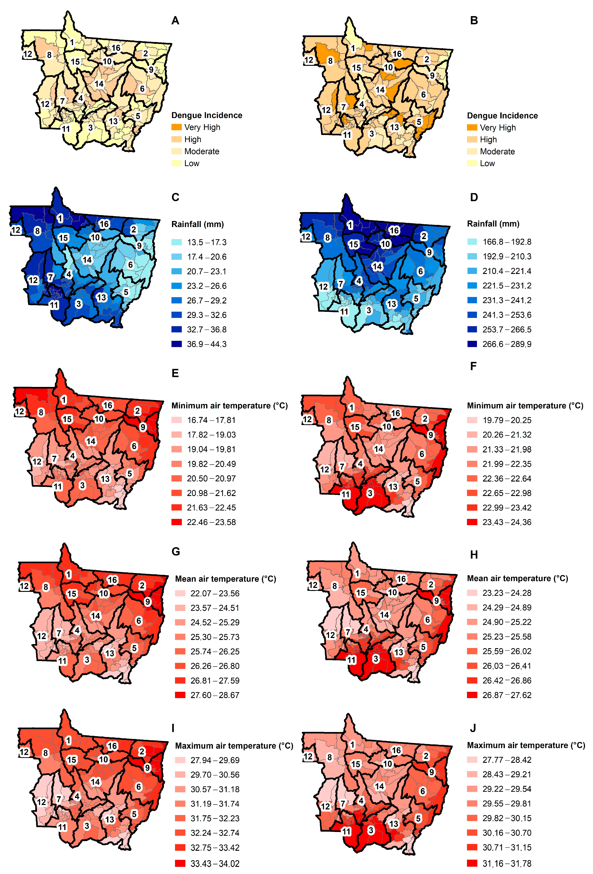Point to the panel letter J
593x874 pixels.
tap(473, 728)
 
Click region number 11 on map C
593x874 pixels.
tap(54, 305)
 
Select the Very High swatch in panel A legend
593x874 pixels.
tap(176, 127)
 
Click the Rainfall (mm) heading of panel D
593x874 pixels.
tap(493, 224)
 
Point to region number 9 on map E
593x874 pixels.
tap(143, 427)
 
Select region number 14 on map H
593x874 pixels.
tap(384, 615)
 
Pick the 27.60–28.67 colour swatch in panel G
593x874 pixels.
tap(180, 695)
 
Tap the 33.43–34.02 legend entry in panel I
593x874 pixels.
tap(215, 863)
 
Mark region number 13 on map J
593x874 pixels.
tap(394, 824)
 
